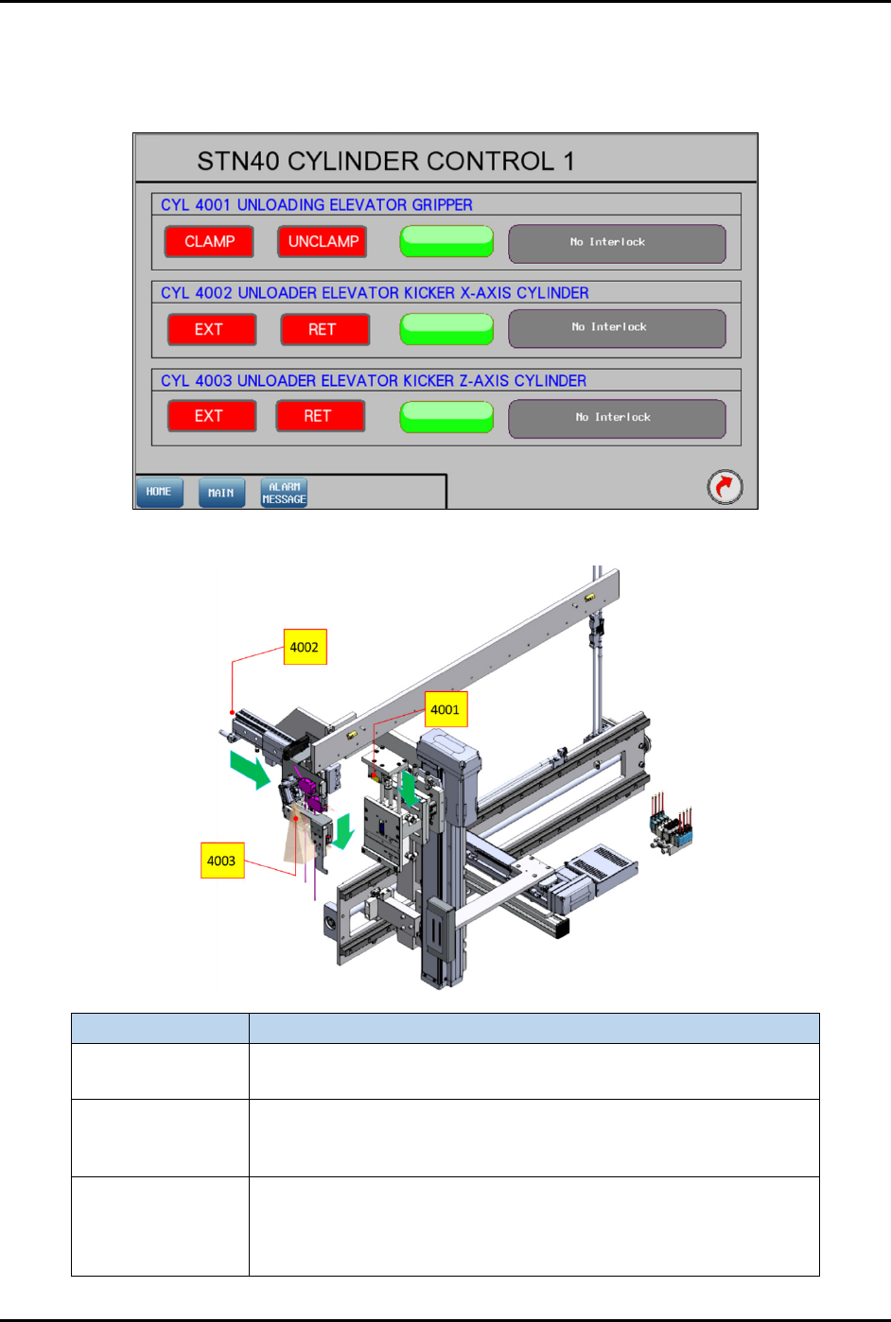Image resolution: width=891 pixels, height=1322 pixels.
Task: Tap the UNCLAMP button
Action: pos(323,241)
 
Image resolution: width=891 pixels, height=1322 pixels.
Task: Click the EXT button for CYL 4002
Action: pos(212,329)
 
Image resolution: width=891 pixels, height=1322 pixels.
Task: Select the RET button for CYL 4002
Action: pos(325,329)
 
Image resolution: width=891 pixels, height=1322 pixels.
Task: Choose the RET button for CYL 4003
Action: pos(320,416)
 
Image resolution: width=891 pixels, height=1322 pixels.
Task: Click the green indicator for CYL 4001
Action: pos(446,241)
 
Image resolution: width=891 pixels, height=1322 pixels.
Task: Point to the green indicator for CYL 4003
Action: pos(446,417)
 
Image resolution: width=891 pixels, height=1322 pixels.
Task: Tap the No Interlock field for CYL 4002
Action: pos(617,329)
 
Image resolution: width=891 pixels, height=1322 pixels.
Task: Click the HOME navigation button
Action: pos(160,493)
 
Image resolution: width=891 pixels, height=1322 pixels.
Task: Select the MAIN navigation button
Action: pos(221,493)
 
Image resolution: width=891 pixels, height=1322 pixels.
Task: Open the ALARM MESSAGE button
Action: pos(284,493)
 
